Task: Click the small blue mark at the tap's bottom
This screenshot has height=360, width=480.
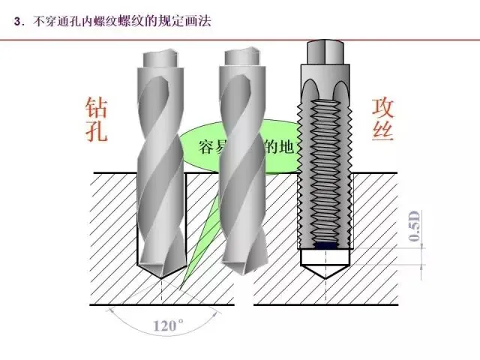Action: (325, 244)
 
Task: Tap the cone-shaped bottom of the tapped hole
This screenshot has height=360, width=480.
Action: (325, 266)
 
